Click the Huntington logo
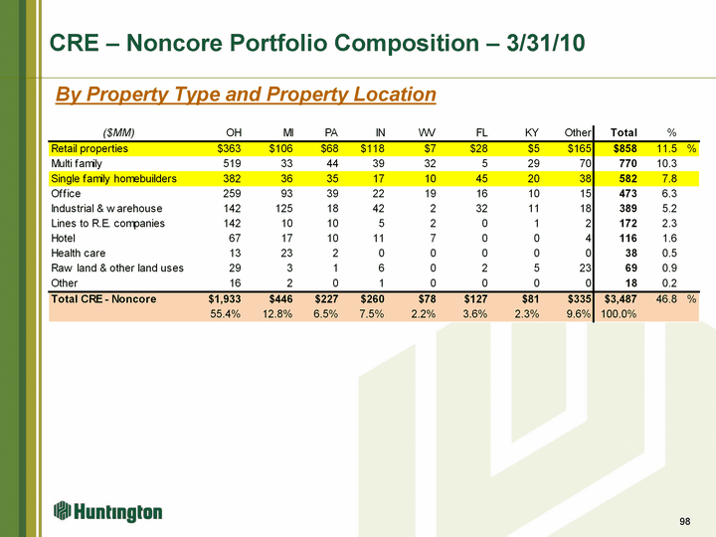pyautogui.click(x=108, y=511)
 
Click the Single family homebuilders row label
pyautogui.click(x=113, y=178)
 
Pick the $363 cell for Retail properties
pyautogui.click(x=224, y=148)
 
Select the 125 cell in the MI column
pyautogui.click(x=281, y=209)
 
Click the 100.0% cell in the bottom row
pyautogui.click(x=618, y=315)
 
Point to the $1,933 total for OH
pyautogui.click(x=220, y=299)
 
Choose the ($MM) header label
pyautogui.click(x=118, y=132)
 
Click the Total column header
pyautogui.click(x=623, y=132)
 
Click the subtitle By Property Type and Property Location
pyautogui.click(x=246, y=94)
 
